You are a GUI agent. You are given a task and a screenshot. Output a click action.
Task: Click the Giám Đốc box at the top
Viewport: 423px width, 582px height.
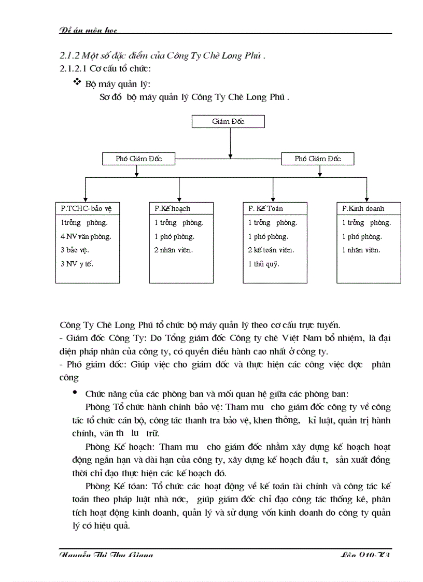coord(228,122)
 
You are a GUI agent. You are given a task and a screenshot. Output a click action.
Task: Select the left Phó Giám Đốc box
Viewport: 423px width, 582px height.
coord(138,159)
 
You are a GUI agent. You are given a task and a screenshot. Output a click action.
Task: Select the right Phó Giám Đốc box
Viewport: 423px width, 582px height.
coord(317,159)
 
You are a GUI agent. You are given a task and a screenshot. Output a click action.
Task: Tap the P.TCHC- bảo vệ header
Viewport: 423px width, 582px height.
coord(87,208)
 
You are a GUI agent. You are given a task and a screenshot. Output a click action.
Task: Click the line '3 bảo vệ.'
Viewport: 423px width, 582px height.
coord(75,250)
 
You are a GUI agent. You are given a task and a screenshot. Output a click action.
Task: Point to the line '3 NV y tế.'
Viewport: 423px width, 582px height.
coord(77,263)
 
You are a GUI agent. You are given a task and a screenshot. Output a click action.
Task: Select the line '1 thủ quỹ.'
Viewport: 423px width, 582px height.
coord(264,263)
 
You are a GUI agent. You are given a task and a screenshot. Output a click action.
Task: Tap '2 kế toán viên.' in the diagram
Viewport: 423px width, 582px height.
coord(271,250)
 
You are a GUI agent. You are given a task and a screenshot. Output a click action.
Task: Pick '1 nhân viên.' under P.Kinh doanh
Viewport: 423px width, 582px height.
coord(361,250)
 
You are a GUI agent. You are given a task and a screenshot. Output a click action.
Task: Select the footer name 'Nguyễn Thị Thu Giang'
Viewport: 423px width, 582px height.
coord(106,556)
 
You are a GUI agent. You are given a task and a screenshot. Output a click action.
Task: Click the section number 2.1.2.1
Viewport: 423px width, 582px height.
coord(73,68)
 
